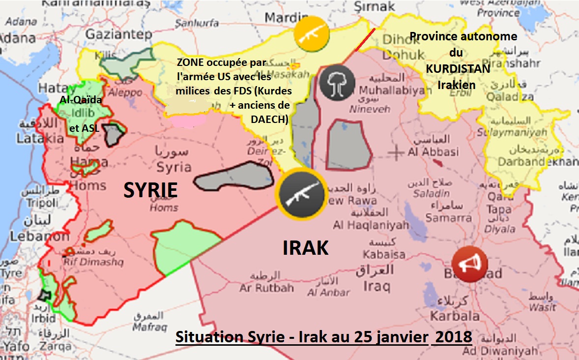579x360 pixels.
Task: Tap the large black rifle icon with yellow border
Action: tap(301, 196)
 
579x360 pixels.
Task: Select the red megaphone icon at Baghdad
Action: tap(469, 264)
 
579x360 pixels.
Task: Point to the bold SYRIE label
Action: tap(150, 190)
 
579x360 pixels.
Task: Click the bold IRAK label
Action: tap(305, 248)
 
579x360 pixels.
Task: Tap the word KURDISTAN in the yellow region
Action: tap(458, 69)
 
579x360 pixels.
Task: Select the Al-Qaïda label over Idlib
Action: tap(81, 100)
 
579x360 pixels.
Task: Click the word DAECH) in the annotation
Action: tap(270, 120)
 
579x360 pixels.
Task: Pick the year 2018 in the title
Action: tap(454, 338)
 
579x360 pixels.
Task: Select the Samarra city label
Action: tap(448, 217)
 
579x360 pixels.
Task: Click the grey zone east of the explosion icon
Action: tap(348, 144)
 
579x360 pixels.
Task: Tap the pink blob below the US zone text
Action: tap(188, 120)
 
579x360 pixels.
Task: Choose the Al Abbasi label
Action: tap(433, 152)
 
